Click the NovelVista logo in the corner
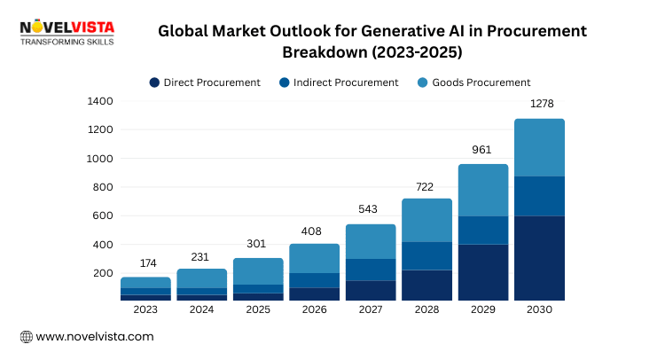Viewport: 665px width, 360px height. (x=67, y=33)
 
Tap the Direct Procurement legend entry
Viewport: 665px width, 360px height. (x=205, y=82)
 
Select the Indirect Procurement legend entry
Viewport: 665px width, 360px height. (x=339, y=82)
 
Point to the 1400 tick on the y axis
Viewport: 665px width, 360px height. (x=99, y=102)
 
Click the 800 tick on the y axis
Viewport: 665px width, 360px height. (x=103, y=187)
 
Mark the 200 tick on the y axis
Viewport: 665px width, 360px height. (x=103, y=273)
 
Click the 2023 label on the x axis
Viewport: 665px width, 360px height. (x=145, y=310)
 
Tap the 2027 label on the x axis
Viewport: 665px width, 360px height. (x=371, y=310)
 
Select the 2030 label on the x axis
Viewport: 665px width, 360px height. (x=539, y=310)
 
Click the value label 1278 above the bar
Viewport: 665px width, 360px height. (x=539, y=105)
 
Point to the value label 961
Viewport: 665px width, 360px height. (x=482, y=150)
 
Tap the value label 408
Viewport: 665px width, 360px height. (x=314, y=230)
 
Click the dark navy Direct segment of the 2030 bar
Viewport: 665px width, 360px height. (x=539, y=258)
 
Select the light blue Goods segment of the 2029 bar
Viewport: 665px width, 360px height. (x=482, y=190)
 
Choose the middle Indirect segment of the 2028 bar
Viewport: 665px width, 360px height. (x=426, y=255)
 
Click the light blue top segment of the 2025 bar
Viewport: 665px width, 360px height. (x=258, y=271)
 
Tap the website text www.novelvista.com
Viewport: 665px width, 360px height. (x=94, y=337)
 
